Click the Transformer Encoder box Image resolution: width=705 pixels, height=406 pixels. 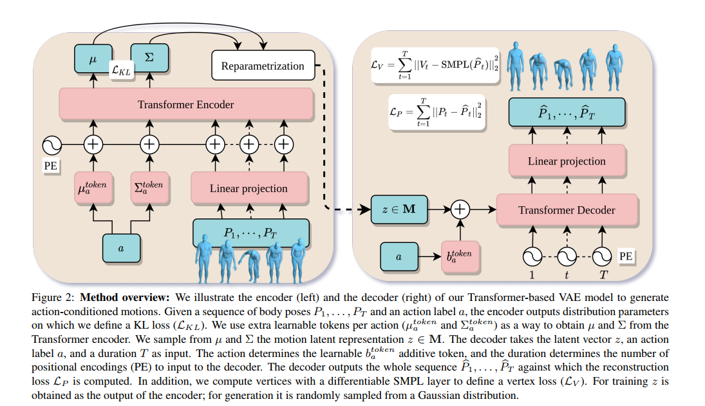[186, 104]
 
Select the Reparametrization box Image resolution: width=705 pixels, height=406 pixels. [263, 66]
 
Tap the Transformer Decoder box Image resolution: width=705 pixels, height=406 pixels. [567, 209]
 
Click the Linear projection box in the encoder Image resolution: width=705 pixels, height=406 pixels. [249, 188]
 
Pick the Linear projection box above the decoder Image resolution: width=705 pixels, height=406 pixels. [567, 160]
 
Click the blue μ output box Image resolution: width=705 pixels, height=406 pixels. [93, 59]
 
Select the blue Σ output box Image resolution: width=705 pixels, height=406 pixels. [149, 57]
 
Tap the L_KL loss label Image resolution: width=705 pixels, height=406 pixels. [122, 70]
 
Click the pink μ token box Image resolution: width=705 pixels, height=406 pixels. [93, 188]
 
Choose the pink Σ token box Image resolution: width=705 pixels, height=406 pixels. [149, 188]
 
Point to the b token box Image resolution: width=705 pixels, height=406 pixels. [460, 256]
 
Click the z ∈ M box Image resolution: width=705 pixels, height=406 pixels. [399, 209]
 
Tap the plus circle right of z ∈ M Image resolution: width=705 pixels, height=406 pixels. [460, 209]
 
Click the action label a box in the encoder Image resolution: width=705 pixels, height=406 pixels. [121, 248]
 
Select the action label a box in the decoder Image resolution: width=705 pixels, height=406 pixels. [399, 256]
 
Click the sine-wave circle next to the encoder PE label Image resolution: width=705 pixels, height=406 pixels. [52, 145]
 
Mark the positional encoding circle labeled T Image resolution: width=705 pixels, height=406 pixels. [601, 257]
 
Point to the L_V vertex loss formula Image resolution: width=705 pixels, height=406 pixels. [435, 65]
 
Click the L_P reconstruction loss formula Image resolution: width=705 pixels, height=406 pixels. [437, 112]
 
